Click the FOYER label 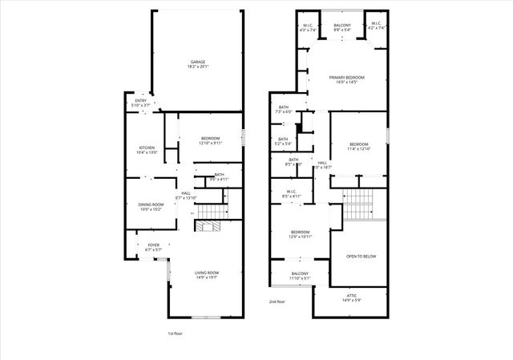[x=152, y=247]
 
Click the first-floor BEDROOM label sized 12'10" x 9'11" [x=210, y=140]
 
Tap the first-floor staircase [x=210, y=210]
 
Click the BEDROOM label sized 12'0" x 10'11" [x=300, y=234]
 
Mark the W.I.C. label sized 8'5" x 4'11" [x=291, y=192]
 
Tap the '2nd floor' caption [x=277, y=301]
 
